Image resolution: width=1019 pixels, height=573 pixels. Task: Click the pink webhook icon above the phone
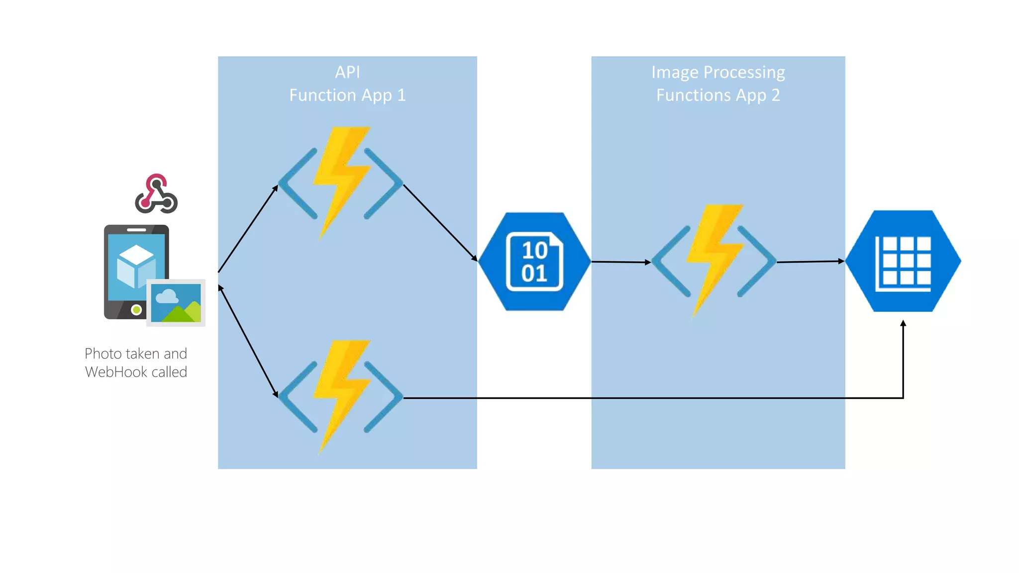(x=156, y=194)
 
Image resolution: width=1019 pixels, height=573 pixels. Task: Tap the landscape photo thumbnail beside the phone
(x=176, y=302)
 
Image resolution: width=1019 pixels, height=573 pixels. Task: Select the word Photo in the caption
(x=103, y=354)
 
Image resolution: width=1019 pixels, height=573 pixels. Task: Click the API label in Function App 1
(x=347, y=73)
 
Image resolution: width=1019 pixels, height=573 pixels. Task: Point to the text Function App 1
(x=347, y=95)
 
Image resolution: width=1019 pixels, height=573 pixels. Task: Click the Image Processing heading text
(x=717, y=73)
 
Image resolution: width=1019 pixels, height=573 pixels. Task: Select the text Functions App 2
(x=717, y=95)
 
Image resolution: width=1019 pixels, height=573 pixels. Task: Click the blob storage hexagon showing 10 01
(x=534, y=262)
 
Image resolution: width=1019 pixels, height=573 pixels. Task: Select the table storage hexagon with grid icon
(x=903, y=262)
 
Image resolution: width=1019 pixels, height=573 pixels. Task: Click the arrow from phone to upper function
(x=248, y=229)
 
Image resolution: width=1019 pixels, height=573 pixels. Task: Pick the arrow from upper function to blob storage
(x=440, y=222)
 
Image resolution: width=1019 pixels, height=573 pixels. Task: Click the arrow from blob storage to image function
(x=621, y=262)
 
